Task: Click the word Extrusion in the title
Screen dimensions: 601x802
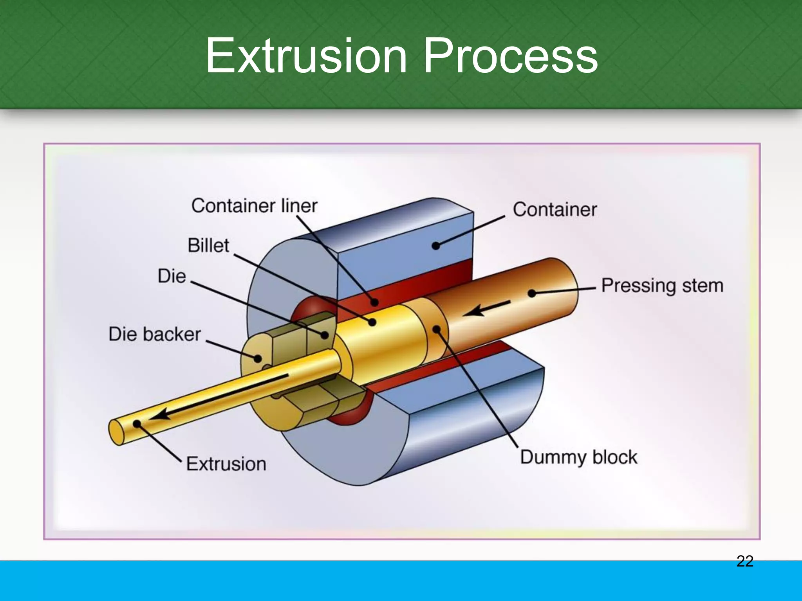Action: pyautogui.click(x=306, y=56)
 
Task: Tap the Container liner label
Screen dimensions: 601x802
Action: pyautogui.click(x=254, y=206)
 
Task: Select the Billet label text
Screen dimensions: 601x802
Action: pyautogui.click(x=208, y=246)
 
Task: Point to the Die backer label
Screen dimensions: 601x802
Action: pyautogui.click(x=155, y=335)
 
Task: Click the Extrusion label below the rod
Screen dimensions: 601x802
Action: pyautogui.click(x=226, y=464)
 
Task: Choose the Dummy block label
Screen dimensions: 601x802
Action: pyautogui.click(x=578, y=457)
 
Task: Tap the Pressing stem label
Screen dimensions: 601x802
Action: pyautogui.click(x=662, y=286)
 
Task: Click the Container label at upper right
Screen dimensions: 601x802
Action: pyautogui.click(x=555, y=210)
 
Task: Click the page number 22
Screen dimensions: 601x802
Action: pyautogui.click(x=745, y=561)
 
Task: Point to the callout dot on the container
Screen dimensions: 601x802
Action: pyautogui.click(x=436, y=246)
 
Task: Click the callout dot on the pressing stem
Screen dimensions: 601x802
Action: pyautogui.click(x=532, y=293)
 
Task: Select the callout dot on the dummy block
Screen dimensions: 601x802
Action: pyautogui.click(x=437, y=329)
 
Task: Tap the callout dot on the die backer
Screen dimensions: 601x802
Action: pyautogui.click(x=258, y=358)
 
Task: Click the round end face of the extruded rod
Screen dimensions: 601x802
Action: pyautogui.click(x=116, y=432)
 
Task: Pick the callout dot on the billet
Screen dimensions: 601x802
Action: pyautogui.click(x=372, y=322)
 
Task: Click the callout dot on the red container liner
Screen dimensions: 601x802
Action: pyautogui.click(x=375, y=302)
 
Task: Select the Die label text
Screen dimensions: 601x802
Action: pyautogui.click(x=172, y=276)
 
